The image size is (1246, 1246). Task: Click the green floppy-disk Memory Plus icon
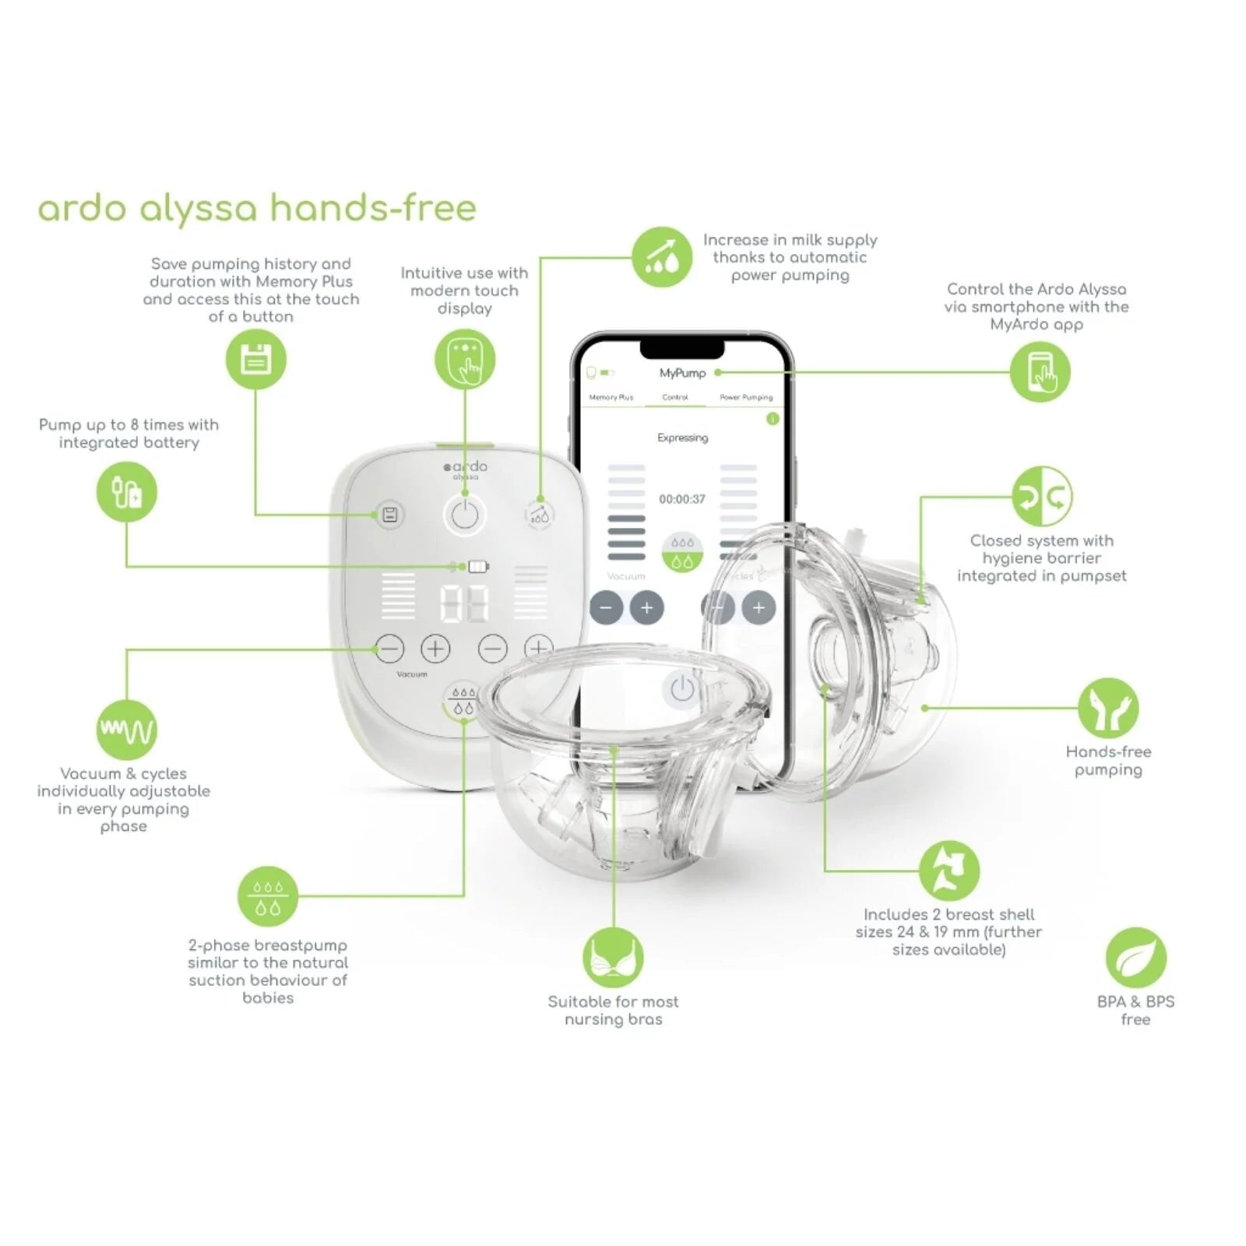255,360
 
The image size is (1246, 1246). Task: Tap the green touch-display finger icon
465,360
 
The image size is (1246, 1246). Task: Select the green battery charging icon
126,492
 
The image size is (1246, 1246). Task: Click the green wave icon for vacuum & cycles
126,730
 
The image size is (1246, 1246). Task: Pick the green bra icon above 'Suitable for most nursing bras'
613,957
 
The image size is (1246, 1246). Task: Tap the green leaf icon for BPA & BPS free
1135,957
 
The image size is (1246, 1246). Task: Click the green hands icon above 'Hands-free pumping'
1108,708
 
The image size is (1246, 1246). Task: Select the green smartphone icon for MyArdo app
1040,372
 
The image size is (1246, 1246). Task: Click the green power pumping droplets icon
661,257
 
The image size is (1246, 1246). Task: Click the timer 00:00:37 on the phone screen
682,499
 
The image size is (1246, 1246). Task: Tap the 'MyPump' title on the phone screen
682,373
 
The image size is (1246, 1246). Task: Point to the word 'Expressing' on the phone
682,438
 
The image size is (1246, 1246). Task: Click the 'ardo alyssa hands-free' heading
257,208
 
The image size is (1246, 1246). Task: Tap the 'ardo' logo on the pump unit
466,467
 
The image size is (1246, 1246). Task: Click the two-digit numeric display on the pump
464,603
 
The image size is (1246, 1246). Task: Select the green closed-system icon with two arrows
1042,496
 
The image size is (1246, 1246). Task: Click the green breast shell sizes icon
949,870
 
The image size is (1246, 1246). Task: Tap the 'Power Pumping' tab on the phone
746,397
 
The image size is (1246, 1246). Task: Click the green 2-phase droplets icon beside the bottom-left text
268,896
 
